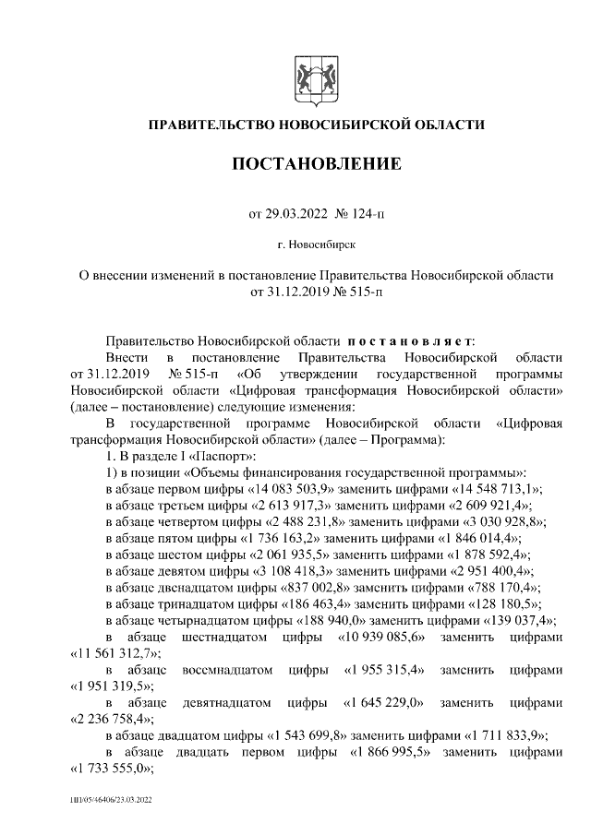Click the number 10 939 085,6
(x=389, y=638)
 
